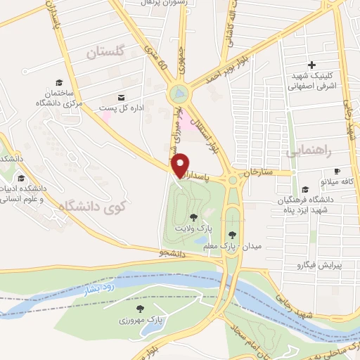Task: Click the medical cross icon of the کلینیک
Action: click(311, 65)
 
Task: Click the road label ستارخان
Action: click(257, 172)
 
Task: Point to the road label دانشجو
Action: click(172, 251)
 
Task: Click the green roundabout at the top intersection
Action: click(178, 93)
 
